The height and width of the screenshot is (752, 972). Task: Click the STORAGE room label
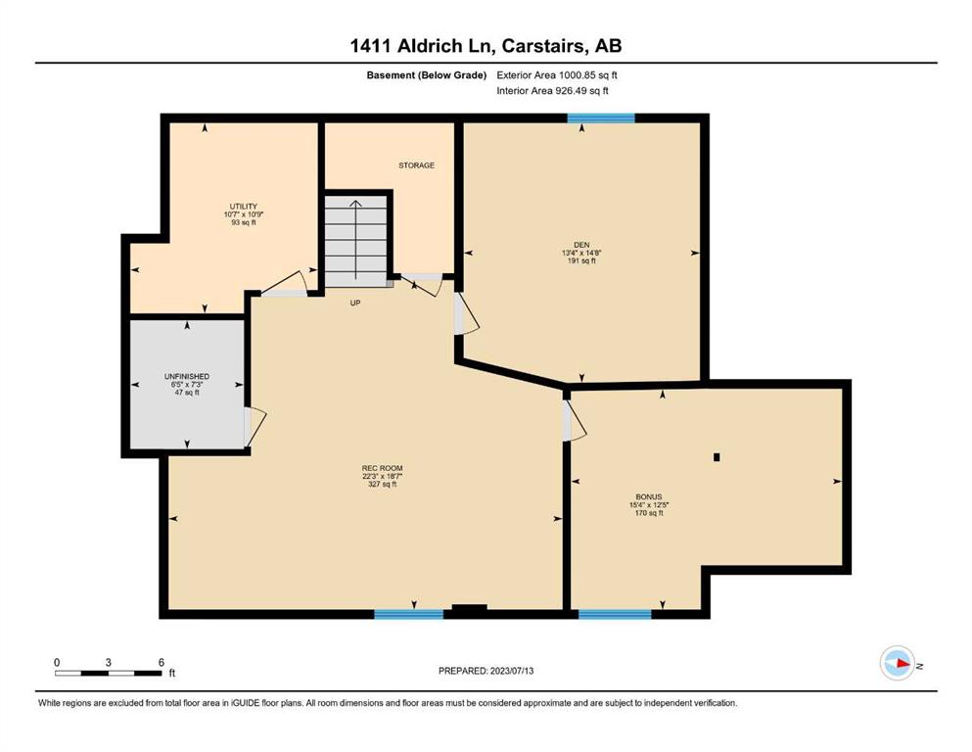[416, 165]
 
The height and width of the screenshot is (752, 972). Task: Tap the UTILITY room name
[243, 207]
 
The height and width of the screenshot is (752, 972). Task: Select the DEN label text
[581, 245]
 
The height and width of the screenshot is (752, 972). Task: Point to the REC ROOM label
[382, 468]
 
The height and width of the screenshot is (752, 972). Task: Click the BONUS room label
[648, 496]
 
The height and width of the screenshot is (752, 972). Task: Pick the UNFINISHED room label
[187, 376]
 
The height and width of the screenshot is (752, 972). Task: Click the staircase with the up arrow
[356, 241]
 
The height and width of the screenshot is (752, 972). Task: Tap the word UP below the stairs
[355, 304]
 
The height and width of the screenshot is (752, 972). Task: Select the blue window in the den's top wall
[601, 117]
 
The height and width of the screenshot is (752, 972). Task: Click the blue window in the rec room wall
[408, 614]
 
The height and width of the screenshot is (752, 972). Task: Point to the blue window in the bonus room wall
[615, 614]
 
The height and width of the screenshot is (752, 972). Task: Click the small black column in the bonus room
[717, 457]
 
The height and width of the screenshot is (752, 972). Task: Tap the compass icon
[897, 663]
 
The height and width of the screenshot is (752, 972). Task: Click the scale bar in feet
[109, 673]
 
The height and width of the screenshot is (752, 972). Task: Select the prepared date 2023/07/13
[486, 671]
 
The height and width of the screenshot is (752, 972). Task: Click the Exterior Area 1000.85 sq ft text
[557, 75]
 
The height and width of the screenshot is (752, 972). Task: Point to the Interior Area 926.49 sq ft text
[552, 90]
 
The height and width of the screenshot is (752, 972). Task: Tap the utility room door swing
[285, 282]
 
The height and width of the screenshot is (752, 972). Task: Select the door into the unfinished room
[255, 427]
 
